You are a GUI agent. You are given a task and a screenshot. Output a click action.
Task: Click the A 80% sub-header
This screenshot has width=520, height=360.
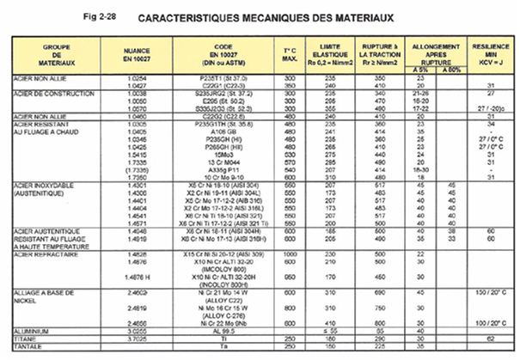tap(452, 70)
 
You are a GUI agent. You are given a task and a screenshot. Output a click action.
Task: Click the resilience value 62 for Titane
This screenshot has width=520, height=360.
tap(490, 337)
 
